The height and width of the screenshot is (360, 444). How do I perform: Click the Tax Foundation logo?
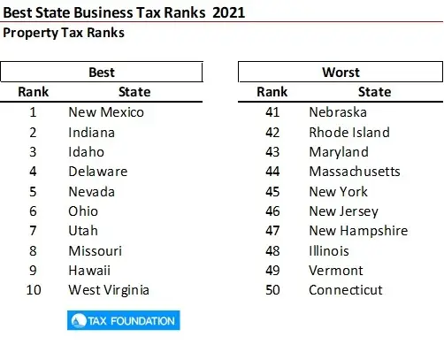coord(123,320)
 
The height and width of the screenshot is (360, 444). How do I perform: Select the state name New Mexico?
coord(105,112)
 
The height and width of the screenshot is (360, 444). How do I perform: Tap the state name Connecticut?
coord(345,290)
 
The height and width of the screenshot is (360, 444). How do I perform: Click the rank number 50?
coord(272,290)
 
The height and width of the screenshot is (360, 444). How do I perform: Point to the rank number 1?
coord(33,112)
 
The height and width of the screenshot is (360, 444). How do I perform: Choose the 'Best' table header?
coord(102,72)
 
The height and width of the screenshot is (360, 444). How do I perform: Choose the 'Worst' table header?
coord(341,72)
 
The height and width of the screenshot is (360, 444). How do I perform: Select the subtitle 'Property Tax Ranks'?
coord(64,33)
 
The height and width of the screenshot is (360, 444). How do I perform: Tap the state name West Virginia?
coord(109,290)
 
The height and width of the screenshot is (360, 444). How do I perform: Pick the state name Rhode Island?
coord(348,132)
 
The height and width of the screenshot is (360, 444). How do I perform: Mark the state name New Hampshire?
coord(358,231)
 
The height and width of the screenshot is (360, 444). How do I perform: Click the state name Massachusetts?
coord(354,172)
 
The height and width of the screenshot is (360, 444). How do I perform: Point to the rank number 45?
coord(272,191)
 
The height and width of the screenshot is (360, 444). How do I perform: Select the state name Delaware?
coord(97,172)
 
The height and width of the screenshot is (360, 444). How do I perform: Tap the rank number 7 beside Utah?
coord(33,231)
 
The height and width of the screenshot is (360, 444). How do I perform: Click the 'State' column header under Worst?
coord(375,92)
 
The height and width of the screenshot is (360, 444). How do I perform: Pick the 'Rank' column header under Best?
coord(34,92)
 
